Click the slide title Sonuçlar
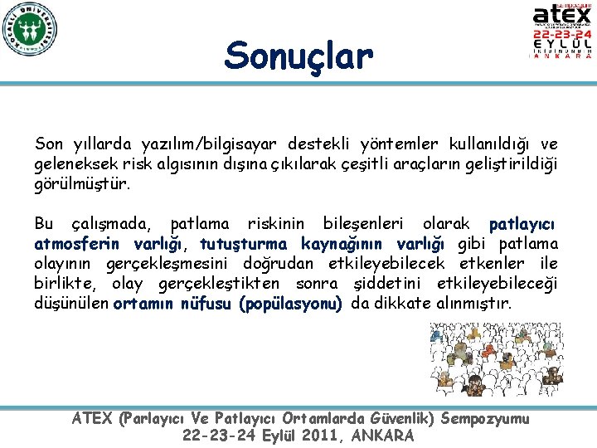(298, 56)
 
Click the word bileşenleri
(364, 224)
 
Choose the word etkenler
(488, 264)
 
